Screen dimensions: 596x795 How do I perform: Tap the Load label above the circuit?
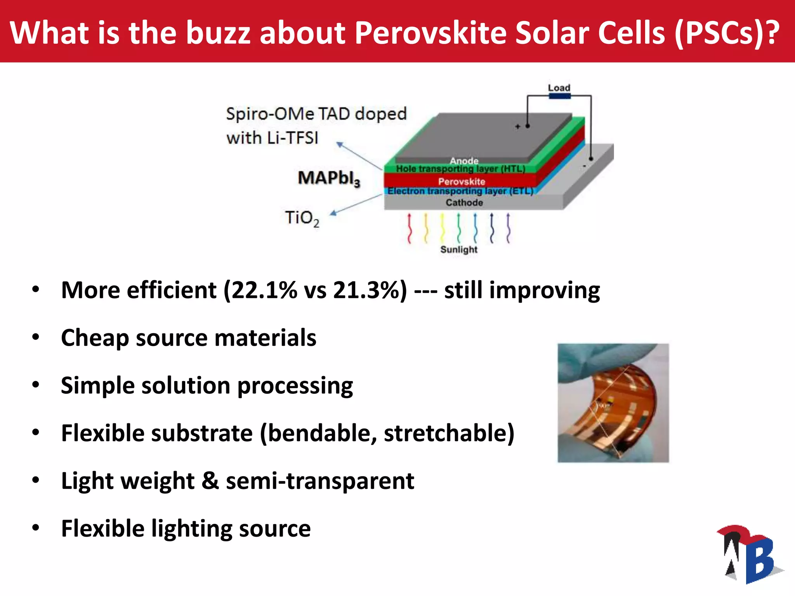[x=559, y=88]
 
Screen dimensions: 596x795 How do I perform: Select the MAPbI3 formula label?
[x=329, y=178]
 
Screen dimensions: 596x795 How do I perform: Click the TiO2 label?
[x=302, y=218]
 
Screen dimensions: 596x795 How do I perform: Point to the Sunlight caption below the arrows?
[x=459, y=249]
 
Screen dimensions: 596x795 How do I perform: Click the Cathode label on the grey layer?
[x=464, y=203]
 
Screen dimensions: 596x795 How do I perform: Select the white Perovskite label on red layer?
[x=462, y=181]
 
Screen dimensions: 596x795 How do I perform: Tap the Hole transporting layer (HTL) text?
[x=460, y=169]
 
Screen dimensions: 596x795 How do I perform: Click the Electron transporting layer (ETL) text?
[x=460, y=191]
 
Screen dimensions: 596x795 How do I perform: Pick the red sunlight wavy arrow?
[x=409, y=228]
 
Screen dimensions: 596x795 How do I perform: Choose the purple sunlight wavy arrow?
[x=508, y=228]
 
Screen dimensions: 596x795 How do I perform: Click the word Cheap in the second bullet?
[x=95, y=338]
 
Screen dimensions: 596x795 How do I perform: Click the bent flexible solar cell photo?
[x=613, y=403]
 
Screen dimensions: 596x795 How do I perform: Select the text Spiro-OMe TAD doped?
[x=316, y=114]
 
